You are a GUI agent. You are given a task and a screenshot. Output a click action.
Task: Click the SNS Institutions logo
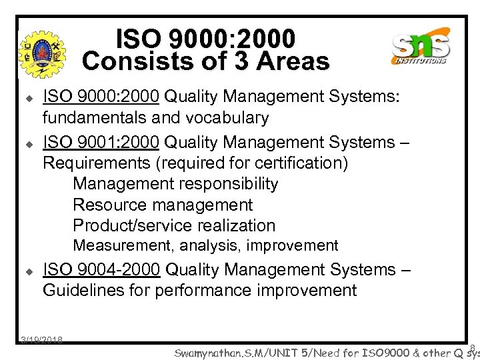click(x=421, y=47)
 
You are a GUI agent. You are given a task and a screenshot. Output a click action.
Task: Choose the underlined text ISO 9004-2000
click(x=101, y=270)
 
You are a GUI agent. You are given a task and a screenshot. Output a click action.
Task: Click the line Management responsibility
click(x=175, y=184)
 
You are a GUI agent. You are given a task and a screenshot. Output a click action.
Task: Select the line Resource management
click(x=163, y=205)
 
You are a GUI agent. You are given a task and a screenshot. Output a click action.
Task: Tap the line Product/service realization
click(x=174, y=225)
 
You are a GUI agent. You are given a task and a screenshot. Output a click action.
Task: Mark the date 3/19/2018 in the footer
click(x=41, y=340)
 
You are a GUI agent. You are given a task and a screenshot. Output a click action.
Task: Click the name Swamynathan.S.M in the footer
click(x=213, y=351)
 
